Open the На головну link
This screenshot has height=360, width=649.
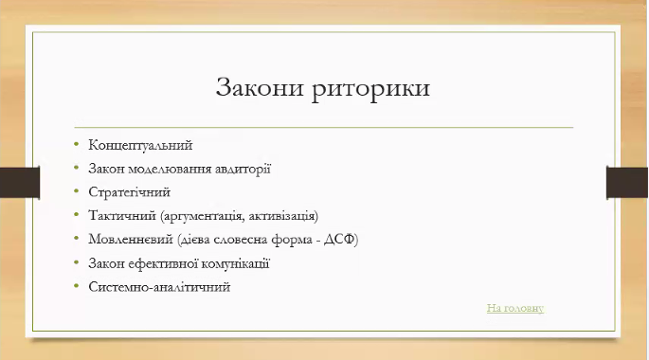click(515, 308)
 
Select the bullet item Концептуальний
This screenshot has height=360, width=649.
click(140, 146)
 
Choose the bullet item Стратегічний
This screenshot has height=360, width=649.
click(129, 192)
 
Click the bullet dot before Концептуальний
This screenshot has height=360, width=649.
click(77, 146)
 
